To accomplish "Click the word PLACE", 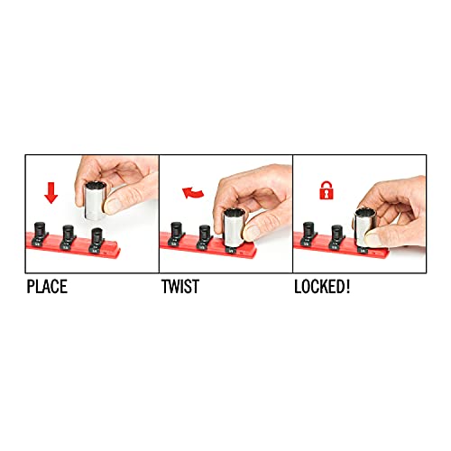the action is point(47,287).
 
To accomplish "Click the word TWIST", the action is point(180,287).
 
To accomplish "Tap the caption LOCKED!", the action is point(322,287).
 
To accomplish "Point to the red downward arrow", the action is point(51,193).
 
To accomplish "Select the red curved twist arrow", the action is point(192,193).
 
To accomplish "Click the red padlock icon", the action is point(327,190).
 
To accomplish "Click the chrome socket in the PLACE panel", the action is point(96,200).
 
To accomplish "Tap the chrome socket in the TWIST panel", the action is point(235,227).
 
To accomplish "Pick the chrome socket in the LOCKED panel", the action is point(365,227).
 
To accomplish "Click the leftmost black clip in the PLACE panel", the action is point(40,235).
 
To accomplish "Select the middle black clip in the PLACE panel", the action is point(68,237).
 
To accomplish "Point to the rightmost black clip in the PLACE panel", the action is point(97,240).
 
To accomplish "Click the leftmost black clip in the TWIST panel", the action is point(176,235).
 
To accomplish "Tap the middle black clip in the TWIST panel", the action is point(205,237).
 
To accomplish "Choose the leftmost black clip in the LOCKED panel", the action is point(308,235).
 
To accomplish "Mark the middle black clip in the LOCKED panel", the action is point(337,237).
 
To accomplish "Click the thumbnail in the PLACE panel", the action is point(113,206).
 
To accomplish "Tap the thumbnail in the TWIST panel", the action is point(252,233).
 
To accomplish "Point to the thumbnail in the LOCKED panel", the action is point(373,239).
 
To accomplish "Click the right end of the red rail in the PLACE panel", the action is point(119,252).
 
